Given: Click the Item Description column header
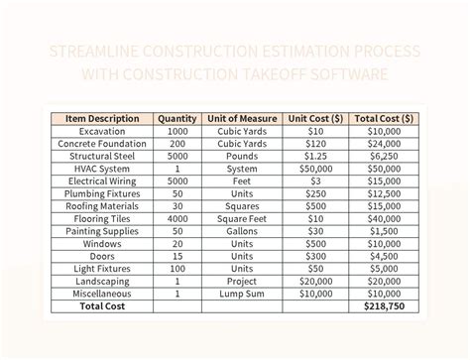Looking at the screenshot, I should tap(103, 118).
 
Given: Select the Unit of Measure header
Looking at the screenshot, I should tap(243, 118).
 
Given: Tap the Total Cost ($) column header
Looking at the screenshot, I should tap(384, 118).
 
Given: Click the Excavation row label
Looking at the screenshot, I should tap(103, 131).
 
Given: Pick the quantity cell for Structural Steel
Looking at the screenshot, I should tap(177, 157).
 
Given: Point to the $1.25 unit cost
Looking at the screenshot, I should tap(316, 157).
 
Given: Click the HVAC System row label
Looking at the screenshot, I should tap(103, 169).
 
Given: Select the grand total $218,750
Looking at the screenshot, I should tap(384, 307).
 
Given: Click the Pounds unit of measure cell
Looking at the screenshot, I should tap(243, 157).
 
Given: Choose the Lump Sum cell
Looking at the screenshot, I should tap(243, 295).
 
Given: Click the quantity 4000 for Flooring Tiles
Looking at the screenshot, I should tap(177, 219).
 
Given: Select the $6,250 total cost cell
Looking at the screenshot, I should tap(384, 157).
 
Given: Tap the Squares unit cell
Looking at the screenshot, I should tap(243, 206).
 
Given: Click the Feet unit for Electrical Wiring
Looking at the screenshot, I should tap(243, 181).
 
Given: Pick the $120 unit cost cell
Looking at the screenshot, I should tap(316, 144).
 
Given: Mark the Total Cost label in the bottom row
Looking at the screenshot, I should tap(103, 307).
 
